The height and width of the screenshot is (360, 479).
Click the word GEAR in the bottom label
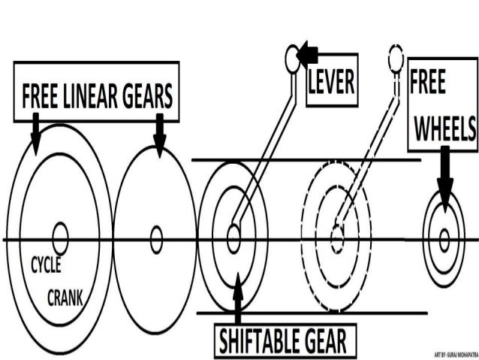[x=325, y=341]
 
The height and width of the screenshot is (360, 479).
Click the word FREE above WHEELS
[x=429, y=83]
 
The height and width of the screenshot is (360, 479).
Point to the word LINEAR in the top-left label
[x=95, y=97]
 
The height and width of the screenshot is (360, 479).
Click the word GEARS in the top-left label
[x=150, y=97]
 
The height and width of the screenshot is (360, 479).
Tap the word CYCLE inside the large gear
[x=46, y=266]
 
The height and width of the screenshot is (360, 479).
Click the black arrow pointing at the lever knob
[x=308, y=54]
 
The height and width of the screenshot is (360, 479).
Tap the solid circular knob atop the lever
[x=293, y=57]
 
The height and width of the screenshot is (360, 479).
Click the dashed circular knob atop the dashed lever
[x=396, y=56]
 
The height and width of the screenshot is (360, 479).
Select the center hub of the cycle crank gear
[x=60, y=240]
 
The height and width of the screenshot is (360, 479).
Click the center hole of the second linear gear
[x=156, y=240]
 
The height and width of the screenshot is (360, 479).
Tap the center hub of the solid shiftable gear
[x=233, y=240]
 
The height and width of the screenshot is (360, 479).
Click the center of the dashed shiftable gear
[x=337, y=240]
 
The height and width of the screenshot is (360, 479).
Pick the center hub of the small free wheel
[x=444, y=240]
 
